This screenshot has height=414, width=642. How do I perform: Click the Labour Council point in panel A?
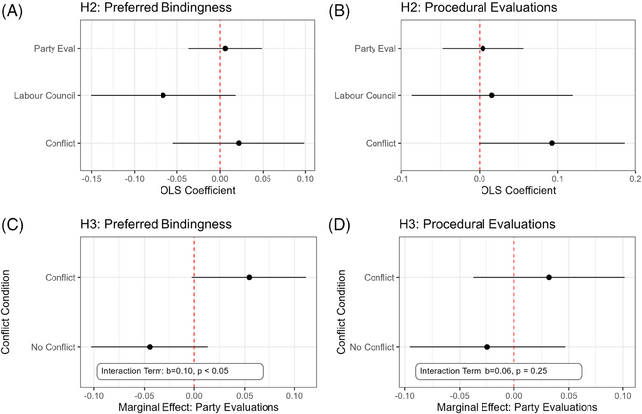[163, 95]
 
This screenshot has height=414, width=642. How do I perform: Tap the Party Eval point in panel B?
[482, 48]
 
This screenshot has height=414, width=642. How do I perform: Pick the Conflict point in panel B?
[552, 143]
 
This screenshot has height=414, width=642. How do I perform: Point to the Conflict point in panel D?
[549, 277]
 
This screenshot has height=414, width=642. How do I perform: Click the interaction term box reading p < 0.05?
[179, 371]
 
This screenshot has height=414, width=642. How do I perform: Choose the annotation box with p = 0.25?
[499, 371]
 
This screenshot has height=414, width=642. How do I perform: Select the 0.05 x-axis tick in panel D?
[569, 396]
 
